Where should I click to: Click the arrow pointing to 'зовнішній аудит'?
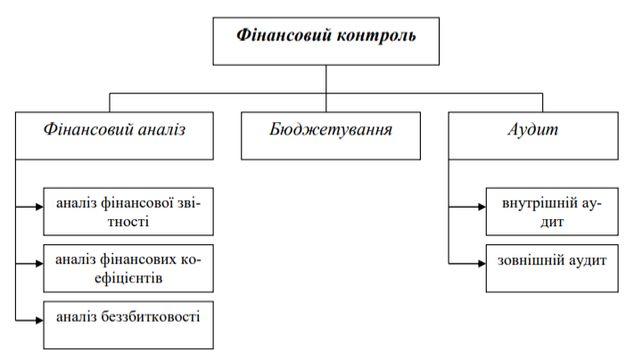(x=480, y=264)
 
